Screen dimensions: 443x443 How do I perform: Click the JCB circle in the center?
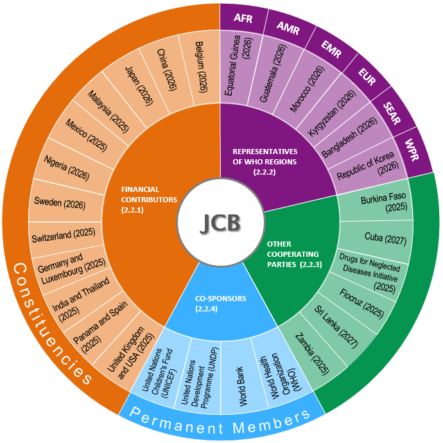pos(221,222)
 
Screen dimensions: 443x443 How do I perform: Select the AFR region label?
pos(243,18)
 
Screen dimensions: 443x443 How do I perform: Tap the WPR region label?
pos(412,150)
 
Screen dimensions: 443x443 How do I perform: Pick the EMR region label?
pos(331,49)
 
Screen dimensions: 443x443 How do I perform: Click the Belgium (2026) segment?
pos(201,67)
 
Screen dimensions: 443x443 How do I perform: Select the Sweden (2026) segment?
pos(60,203)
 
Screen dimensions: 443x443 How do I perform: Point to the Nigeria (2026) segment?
pos(67,168)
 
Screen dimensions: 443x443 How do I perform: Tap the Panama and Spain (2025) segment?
pos(100,327)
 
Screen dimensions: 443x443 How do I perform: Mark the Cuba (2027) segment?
pos(385,238)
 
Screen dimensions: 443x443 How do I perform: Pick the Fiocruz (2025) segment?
pos(361,303)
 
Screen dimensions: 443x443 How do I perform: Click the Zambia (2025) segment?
pos(312,354)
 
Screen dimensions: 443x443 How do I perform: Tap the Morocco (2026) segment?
pos(307,89)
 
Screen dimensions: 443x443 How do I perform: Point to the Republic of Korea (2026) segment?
pos(368,167)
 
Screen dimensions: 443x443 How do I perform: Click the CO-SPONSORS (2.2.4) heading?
pos(220,304)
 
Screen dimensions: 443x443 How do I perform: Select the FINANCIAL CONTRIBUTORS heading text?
pos(149,200)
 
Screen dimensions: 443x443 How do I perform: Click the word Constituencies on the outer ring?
pos(52,323)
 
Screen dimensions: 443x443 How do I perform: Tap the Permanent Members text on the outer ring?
pos(220,421)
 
